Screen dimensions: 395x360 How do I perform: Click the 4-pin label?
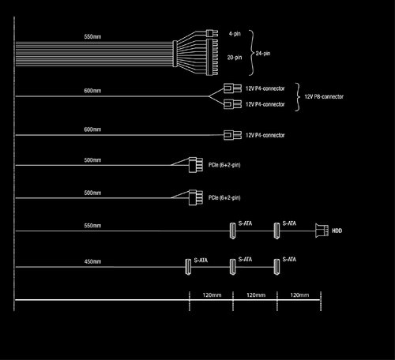[x=235, y=34]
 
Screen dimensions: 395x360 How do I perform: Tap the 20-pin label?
[x=235, y=58]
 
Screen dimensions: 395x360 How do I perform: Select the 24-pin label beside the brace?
[x=263, y=54]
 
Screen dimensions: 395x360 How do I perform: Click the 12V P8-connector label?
[x=324, y=96]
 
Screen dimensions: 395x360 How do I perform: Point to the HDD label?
[x=337, y=231]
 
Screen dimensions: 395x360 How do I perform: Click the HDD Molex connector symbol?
[x=322, y=231]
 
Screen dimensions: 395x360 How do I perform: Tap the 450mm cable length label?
[x=92, y=261]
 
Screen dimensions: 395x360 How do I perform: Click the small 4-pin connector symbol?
[x=212, y=33]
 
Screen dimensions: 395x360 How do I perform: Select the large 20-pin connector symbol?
[x=212, y=57]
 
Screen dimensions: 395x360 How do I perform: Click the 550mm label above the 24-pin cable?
[x=92, y=36]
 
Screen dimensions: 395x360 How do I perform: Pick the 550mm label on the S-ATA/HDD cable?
[x=92, y=226]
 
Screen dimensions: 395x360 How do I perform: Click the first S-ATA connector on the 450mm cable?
[x=188, y=267]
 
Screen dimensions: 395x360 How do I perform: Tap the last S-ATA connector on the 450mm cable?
[x=276, y=267]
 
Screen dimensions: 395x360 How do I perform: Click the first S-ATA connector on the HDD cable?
[x=233, y=231]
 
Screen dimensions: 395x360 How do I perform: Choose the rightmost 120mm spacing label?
[x=299, y=295]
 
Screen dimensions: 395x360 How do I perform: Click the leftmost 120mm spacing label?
[x=212, y=295]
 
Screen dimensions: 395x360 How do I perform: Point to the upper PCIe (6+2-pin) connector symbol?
[x=196, y=165]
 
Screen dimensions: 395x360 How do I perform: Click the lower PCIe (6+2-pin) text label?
[x=224, y=197]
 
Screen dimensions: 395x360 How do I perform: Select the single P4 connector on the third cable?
[x=232, y=135]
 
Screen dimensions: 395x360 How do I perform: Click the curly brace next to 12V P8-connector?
[x=298, y=97]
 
